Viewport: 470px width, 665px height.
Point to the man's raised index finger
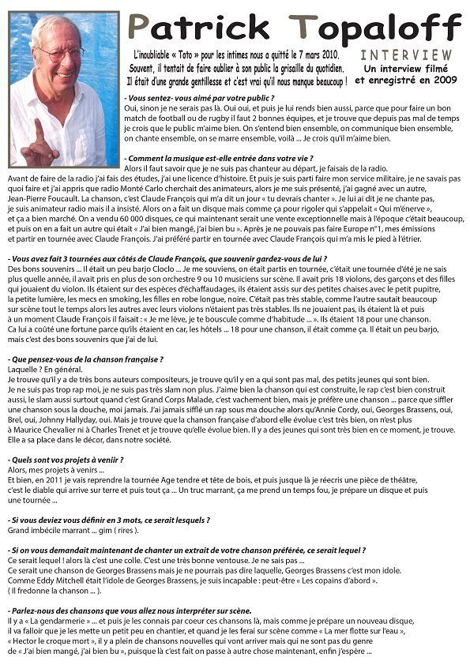(x=38, y=130)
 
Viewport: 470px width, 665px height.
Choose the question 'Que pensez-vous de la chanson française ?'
(x=85, y=359)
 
